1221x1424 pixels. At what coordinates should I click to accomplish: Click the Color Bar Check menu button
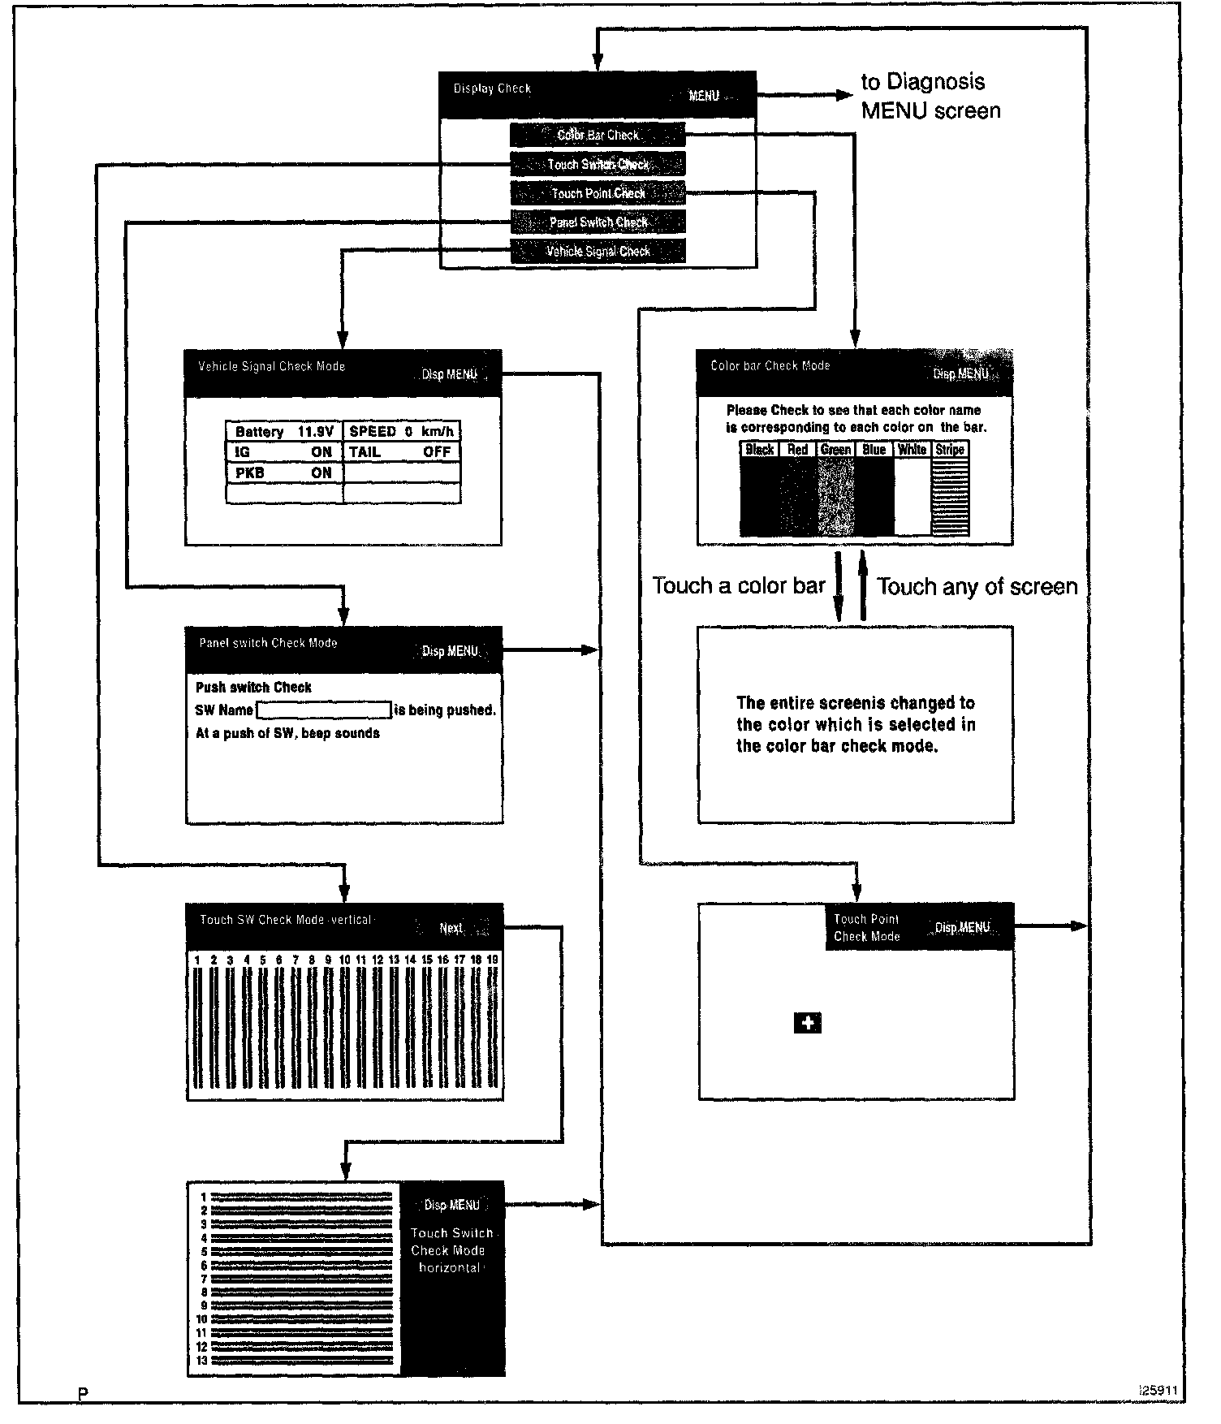(x=598, y=135)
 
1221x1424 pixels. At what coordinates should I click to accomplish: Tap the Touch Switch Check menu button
(x=598, y=164)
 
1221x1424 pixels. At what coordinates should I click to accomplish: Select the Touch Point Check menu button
(x=598, y=193)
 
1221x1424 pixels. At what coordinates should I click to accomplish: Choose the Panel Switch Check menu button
(x=598, y=222)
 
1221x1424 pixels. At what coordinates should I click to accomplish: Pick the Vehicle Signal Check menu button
(x=598, y=251)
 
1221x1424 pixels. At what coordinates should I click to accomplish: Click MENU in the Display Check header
(x=704, y=96)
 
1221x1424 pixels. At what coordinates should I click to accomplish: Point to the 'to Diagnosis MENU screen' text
(x=930, y=96)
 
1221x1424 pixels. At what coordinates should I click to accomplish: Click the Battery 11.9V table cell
(x=284, y=431)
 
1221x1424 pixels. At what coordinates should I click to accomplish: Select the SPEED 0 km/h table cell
(x=401, y=431)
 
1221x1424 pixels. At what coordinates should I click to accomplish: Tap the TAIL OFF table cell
(x=401, y=452)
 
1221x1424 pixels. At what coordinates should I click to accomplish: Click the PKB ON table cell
(x=284, y=473)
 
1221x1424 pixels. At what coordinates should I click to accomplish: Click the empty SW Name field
(x=324, y=710)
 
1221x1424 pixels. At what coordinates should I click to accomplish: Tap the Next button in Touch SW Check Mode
(x=451, y=928)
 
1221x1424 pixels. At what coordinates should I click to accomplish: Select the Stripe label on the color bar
(x=950, y=449)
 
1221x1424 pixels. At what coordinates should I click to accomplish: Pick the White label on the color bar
(x=912, y=449)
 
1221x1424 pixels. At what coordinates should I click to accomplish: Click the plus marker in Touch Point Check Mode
(x=808, y=1023)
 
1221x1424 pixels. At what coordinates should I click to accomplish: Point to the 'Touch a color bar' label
(x=739, y=585)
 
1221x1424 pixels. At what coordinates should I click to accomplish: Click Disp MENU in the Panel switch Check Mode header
(x=450, y=651)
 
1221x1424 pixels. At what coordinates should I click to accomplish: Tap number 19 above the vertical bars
(x=492, y=960)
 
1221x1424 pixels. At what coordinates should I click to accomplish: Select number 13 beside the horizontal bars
(x=202, y=1361)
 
